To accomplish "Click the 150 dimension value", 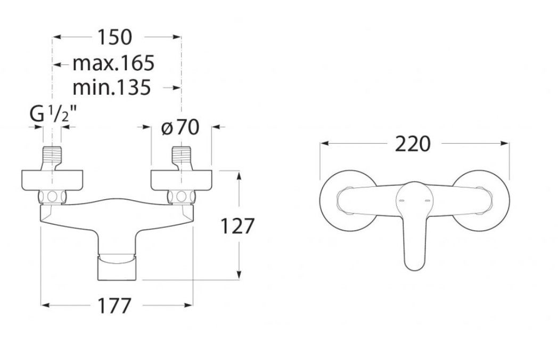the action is point(114,37).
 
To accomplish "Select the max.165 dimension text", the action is point(113,63).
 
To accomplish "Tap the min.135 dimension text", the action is point(112,87).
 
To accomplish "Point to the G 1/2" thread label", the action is point(53,114).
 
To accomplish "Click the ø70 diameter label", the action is point(180,127).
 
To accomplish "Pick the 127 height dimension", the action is point(237,226).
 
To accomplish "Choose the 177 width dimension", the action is point(114,306).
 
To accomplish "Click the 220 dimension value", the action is point(413,144).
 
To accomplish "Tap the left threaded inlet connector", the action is point(52,158).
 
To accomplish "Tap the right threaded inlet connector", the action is point(182,158).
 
